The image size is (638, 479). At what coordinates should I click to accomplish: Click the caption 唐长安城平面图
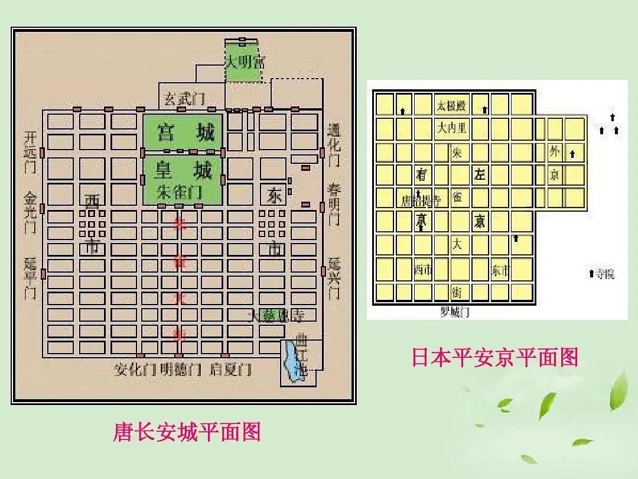pyautogui.click(x=187, y=432)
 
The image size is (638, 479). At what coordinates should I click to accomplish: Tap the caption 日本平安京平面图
pyautogui.click(x=494, y=357)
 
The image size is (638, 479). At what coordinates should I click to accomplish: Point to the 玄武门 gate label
pyautogui.click(x=184, y=98)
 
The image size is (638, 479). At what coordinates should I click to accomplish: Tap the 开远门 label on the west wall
pyautogui.click(x=30, y=151)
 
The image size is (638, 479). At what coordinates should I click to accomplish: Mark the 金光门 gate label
pyautogui.click(x=30, y=211)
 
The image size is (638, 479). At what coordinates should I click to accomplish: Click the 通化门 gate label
pyautogui.click(x=334, y=145)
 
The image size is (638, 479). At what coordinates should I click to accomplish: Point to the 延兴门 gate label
pyautogui.click(x=334, y=278)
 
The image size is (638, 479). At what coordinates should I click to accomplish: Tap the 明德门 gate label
pyautogui.click(x=181, y=370)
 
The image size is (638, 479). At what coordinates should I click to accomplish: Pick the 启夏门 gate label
pyautogui.click(x=230, y=370)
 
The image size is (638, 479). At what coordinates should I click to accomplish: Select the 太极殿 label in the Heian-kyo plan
pyautogui.click(x=452, y=106)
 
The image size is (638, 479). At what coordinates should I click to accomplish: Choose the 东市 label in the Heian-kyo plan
pyautogui.click(x=500, y=270)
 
